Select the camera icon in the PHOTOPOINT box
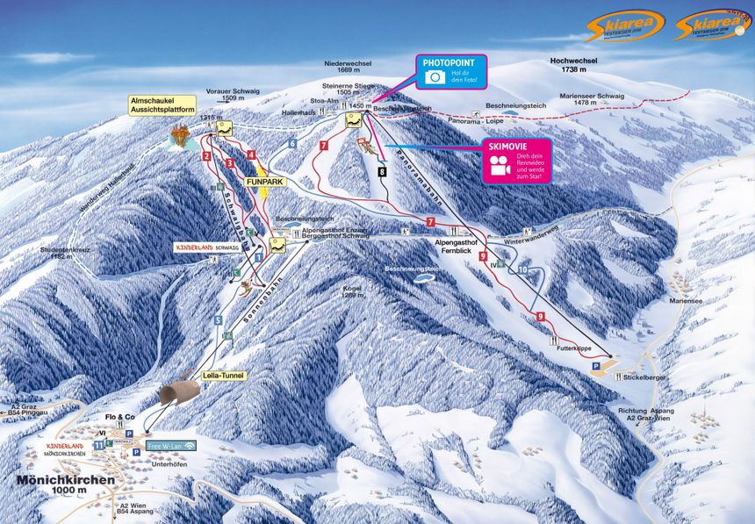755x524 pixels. (x=434, y=77)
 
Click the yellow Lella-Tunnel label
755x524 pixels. (x=221, y=375)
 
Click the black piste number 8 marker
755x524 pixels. (x=382, y=173)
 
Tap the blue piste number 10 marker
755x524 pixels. (x=522, y=270)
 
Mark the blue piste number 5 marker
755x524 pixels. (x=218, y=320)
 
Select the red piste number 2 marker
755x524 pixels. (x=206, y=155)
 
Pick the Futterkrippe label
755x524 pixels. (x=573, y=348)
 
